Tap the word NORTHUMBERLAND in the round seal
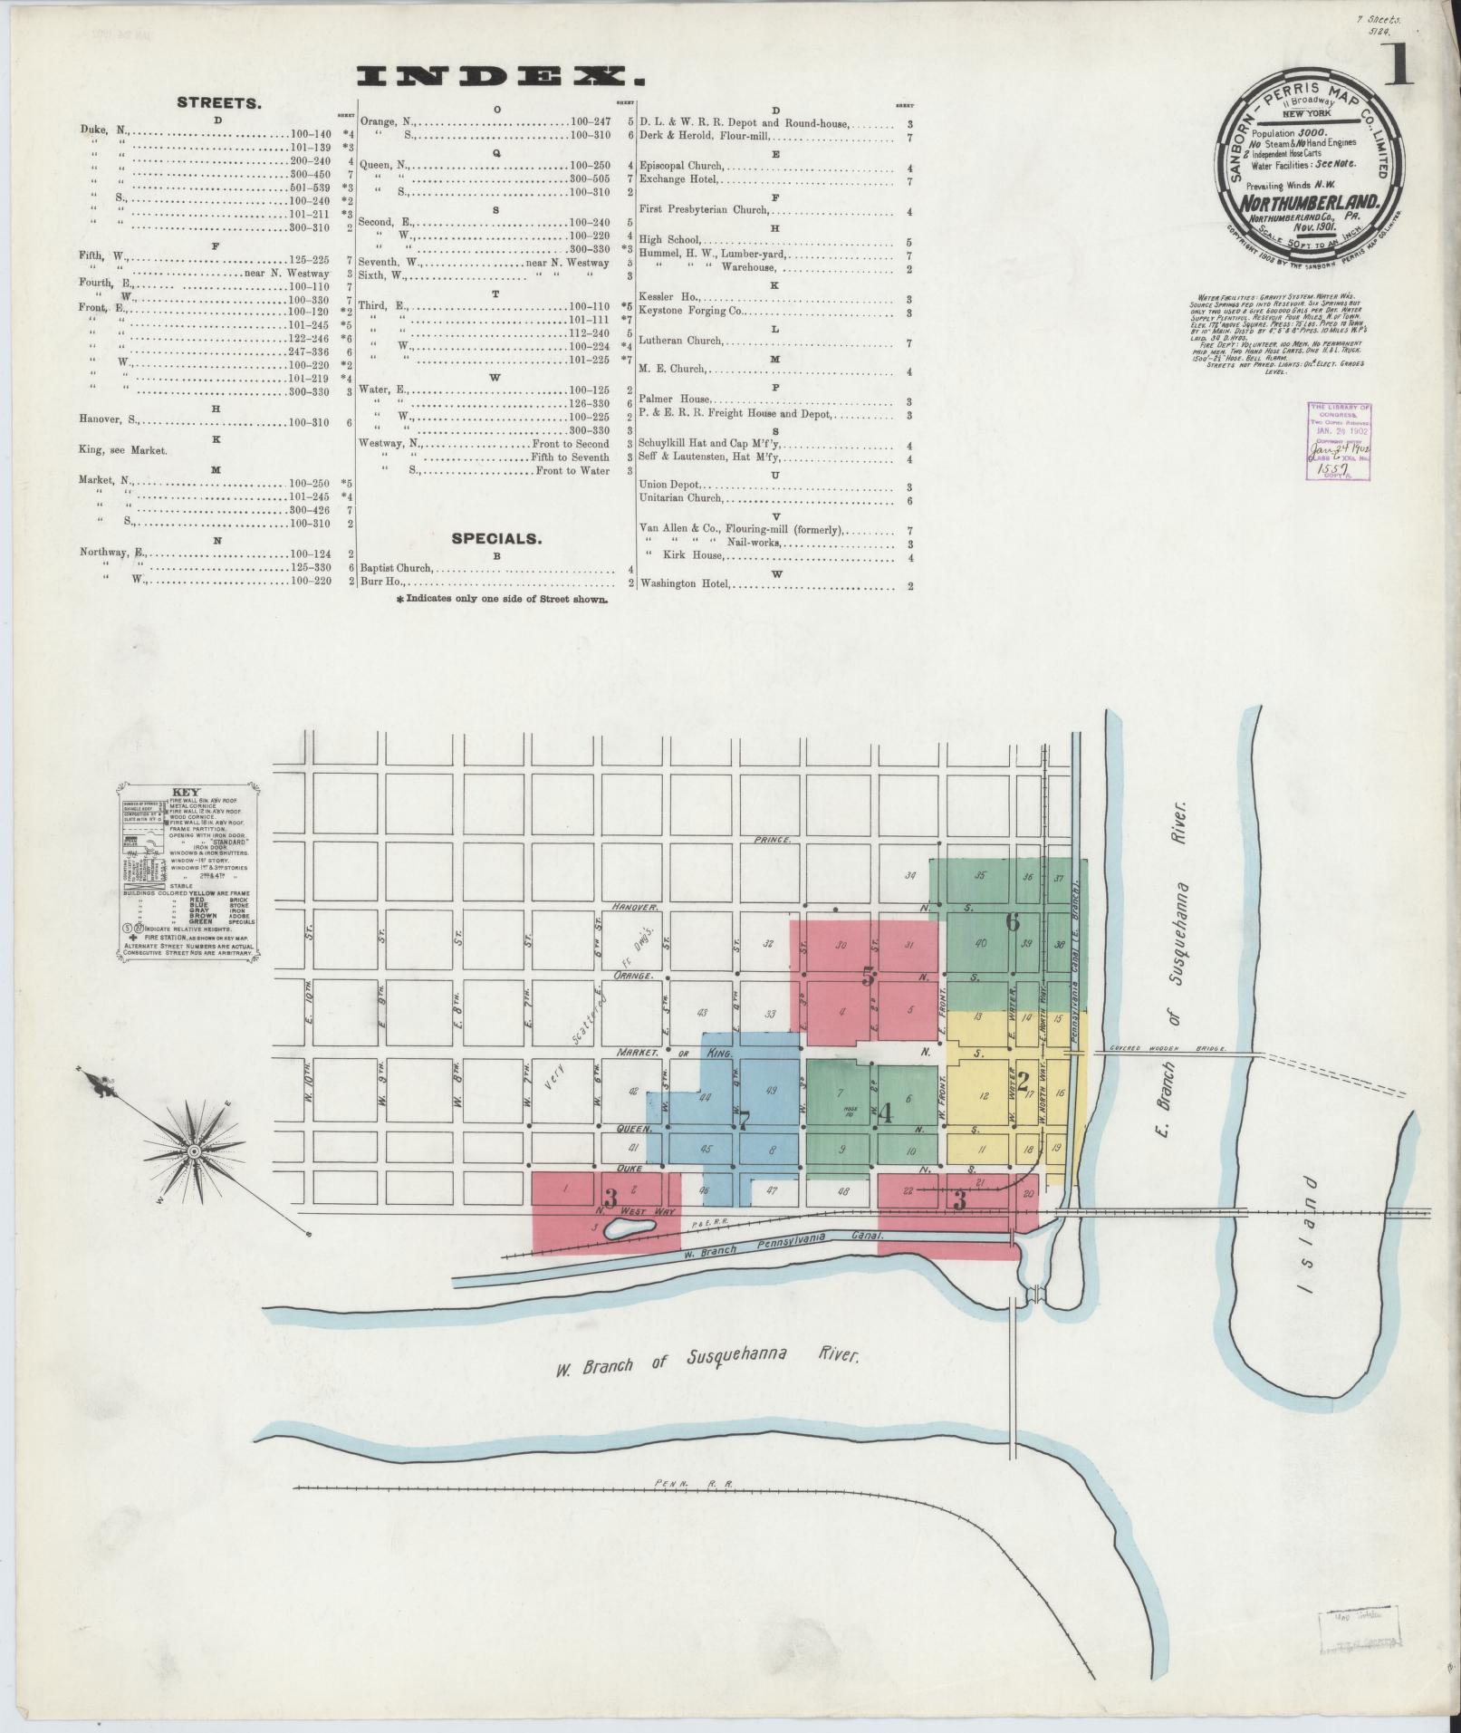pyautogui.click(x=1309, y=202)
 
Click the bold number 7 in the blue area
pyautogui.click(x=744, y=1121)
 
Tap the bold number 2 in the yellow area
pyautogui.click(x=1024, y=1081)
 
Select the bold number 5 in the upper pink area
pyautogui.click(x=868, y=977)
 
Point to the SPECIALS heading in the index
pyautogui.click(x=496, y=538)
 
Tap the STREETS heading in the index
pyautogui.click(x=219, y=103)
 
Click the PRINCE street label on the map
pyautogui.click(x=772, y=841)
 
